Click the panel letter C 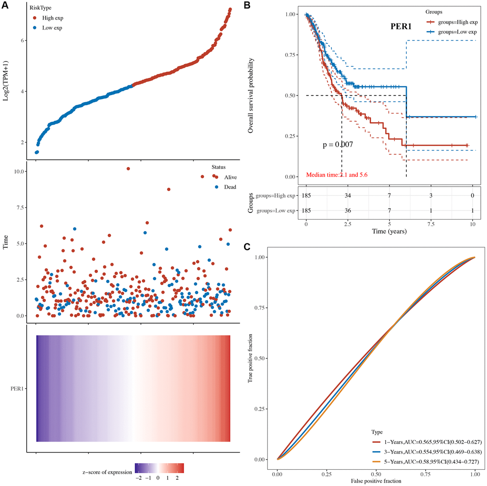click(247, 246)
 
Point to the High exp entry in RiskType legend click(52, 18)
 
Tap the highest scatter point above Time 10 click(128, 169)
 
